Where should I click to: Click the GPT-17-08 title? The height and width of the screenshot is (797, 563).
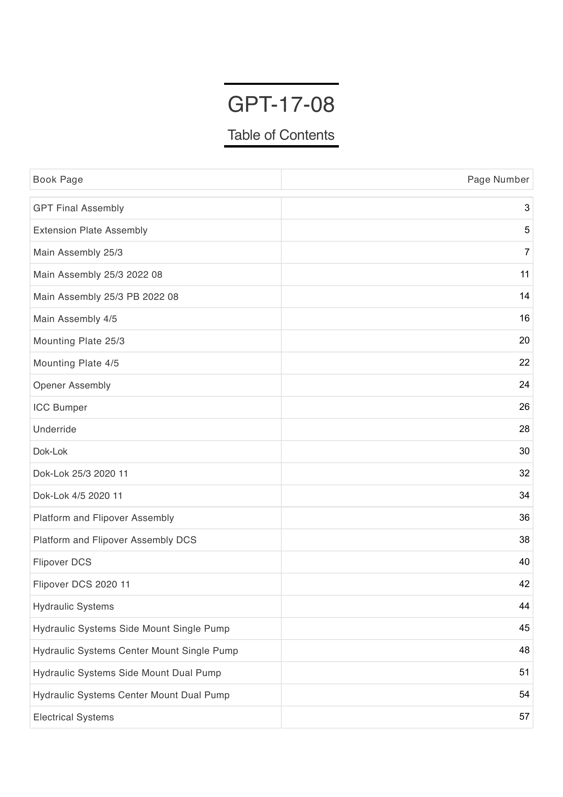coord(281,105)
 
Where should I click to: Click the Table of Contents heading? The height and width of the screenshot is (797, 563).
coord(281,135)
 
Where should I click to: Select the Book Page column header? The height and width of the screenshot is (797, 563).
coord(58,180)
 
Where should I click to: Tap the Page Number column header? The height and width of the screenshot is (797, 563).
coord(498,180)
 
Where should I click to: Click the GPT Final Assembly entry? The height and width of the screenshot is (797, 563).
coord(78,208)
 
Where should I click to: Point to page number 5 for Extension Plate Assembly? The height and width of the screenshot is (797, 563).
coord(527,230)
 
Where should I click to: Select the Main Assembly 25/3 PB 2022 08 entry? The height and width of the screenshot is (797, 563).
coord(106,297)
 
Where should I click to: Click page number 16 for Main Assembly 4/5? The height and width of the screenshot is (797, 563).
coord(524,318)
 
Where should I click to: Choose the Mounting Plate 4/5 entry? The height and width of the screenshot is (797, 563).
coord(76,363)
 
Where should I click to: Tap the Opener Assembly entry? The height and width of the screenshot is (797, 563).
coord(72,385)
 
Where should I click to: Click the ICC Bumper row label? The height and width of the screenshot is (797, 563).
coord(60,408)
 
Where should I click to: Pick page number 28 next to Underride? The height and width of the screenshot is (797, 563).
coord(524,429)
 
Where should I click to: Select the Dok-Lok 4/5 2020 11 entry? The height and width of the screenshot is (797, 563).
coord(78,496)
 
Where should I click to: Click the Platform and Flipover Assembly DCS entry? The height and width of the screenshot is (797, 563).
coord(115,540)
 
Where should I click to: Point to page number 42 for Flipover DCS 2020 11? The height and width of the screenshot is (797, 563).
coord(524,584)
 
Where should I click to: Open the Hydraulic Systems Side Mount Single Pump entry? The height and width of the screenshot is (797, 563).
coord(131,629)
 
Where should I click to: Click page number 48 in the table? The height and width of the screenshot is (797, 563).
coord(524,650)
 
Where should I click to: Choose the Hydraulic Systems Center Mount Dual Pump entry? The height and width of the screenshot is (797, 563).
coord(131,695)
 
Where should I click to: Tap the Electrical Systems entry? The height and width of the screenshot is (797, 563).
coord(74,717)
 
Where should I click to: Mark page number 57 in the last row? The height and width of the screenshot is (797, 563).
coord(524,717)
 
